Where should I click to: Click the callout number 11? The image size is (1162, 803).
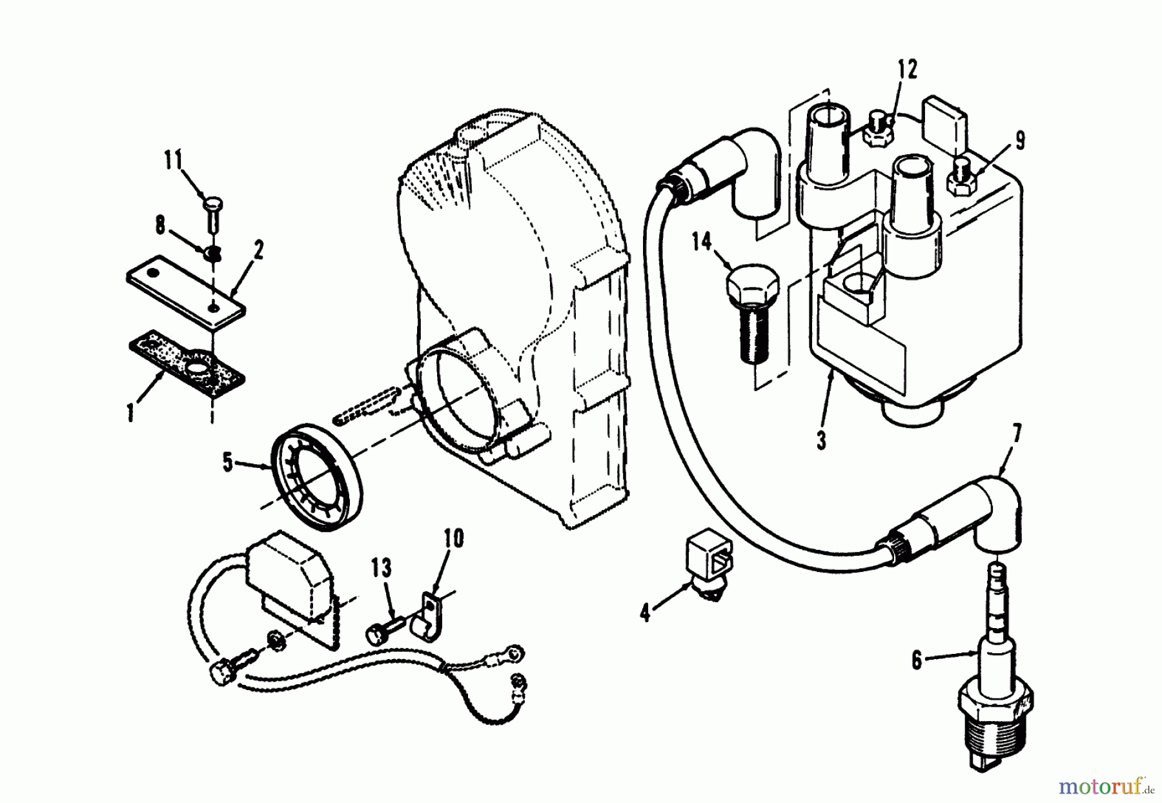pos(174,160)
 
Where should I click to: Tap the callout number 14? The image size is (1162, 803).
pos(702,243)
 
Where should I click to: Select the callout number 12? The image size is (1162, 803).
pos(906,70)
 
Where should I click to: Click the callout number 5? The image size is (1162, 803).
pos(228,463)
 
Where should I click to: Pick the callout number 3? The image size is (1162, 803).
pos(821,442)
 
